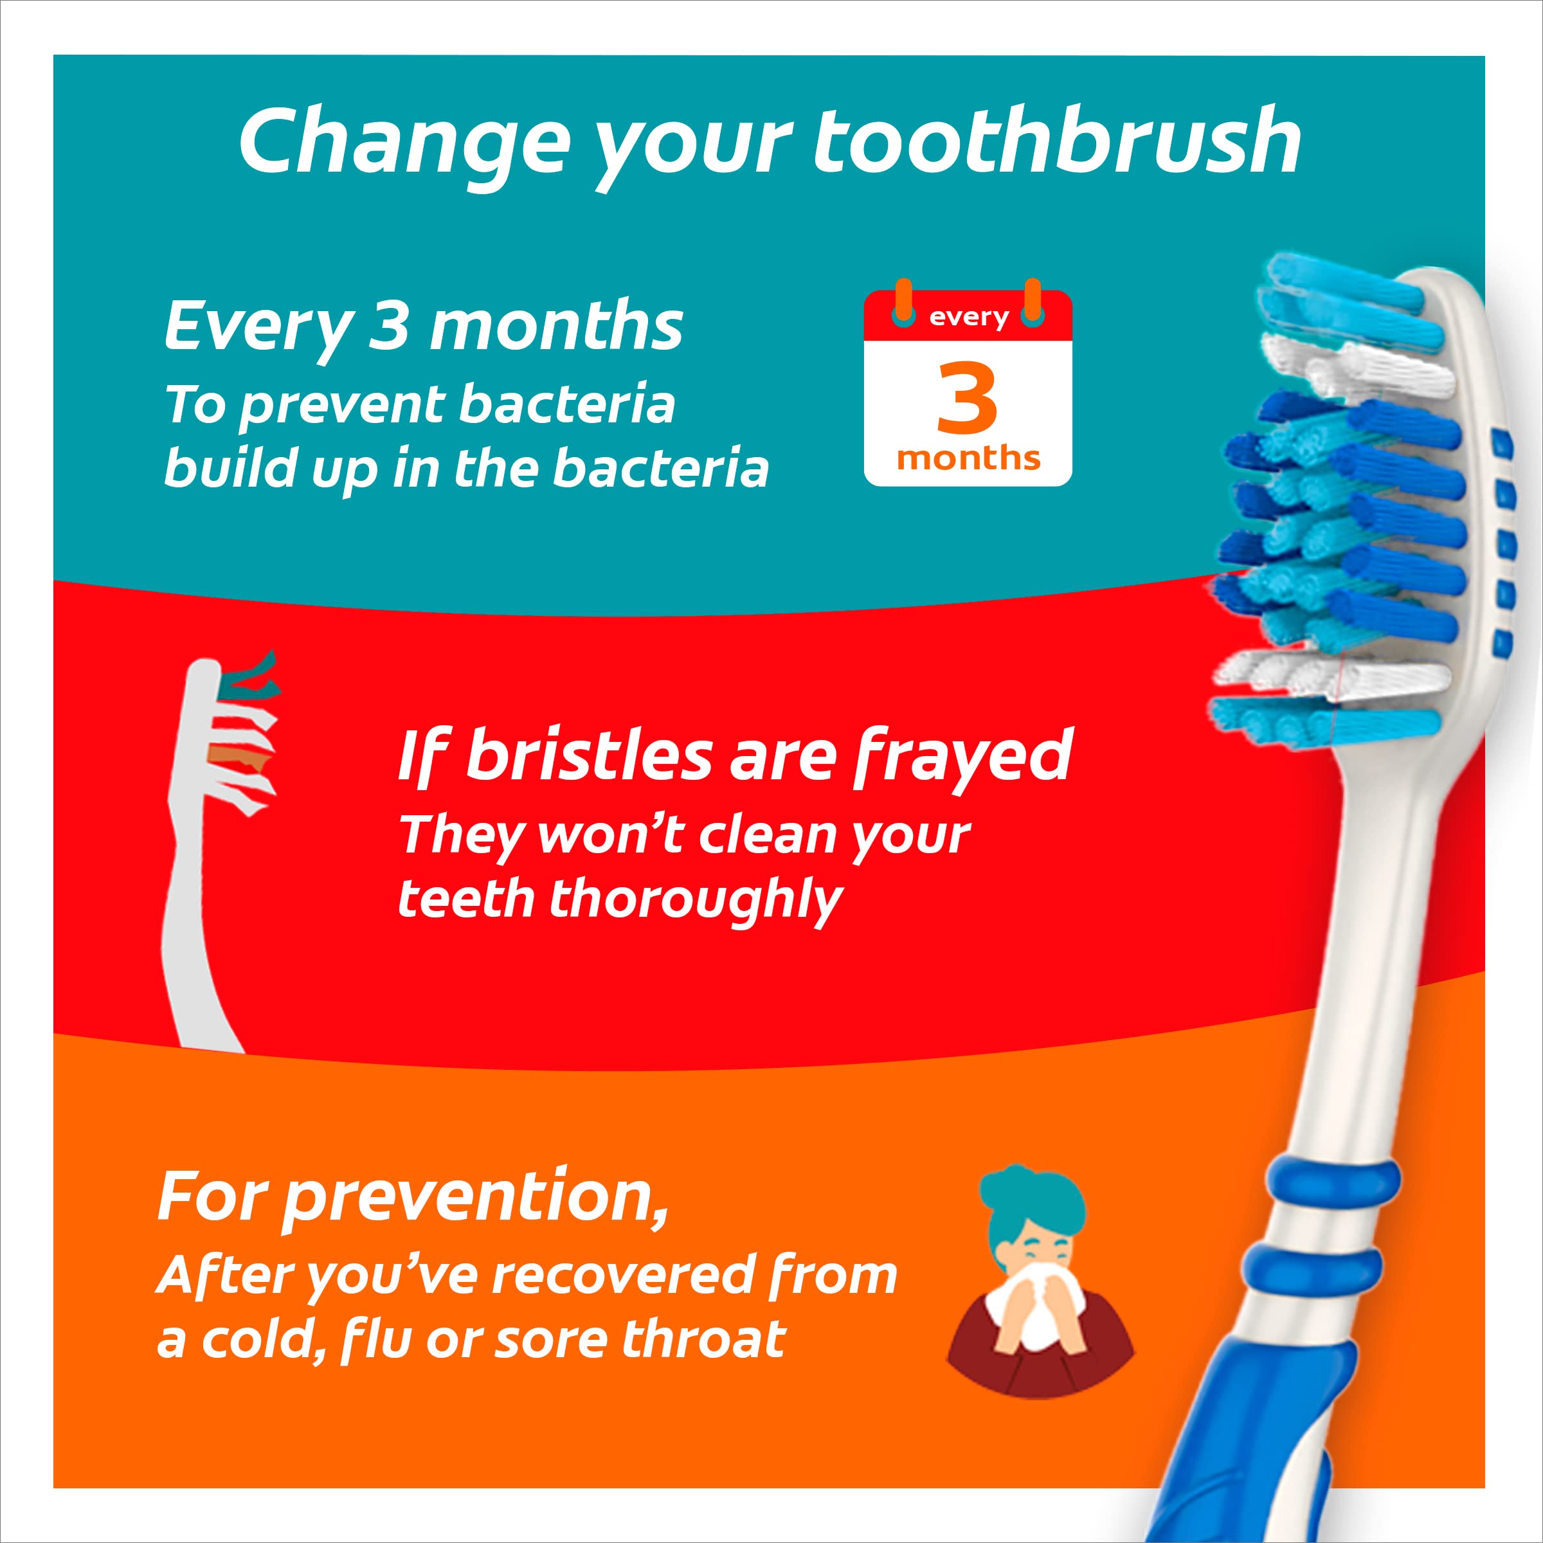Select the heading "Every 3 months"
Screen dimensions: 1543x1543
(423, 327)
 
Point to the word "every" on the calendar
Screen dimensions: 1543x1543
(969, 317)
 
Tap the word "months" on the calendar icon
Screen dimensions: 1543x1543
(968, 458)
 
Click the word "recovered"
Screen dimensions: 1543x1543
(622, 1276)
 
